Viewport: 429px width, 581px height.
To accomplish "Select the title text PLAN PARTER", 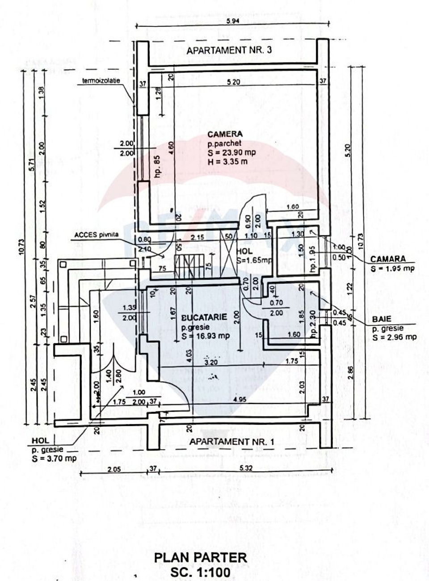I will pos(200,557).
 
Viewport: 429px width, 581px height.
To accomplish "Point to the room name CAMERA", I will pos(225,134).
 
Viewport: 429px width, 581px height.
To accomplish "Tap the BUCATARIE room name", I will pos(204,318).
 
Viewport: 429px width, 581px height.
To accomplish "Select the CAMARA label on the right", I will pos(387,259).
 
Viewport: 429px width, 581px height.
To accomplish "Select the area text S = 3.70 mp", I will pos(54,458).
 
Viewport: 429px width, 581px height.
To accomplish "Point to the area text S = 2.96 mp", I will pos(394,337).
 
